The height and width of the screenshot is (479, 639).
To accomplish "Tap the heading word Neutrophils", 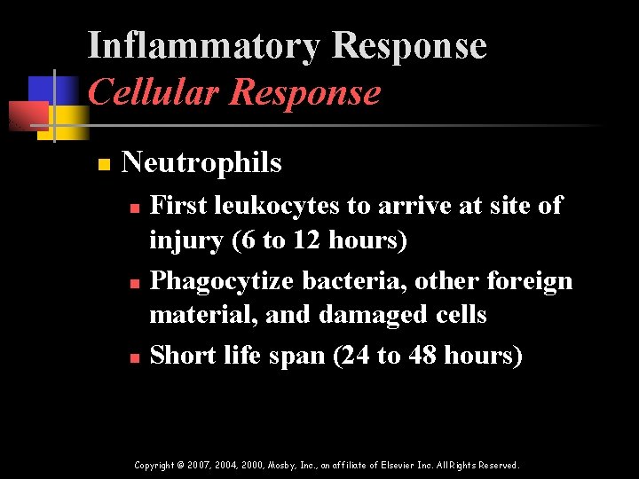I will [201, 162].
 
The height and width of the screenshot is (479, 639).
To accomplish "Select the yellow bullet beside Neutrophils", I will [104, 164].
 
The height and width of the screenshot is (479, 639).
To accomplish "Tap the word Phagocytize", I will [222, 281].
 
